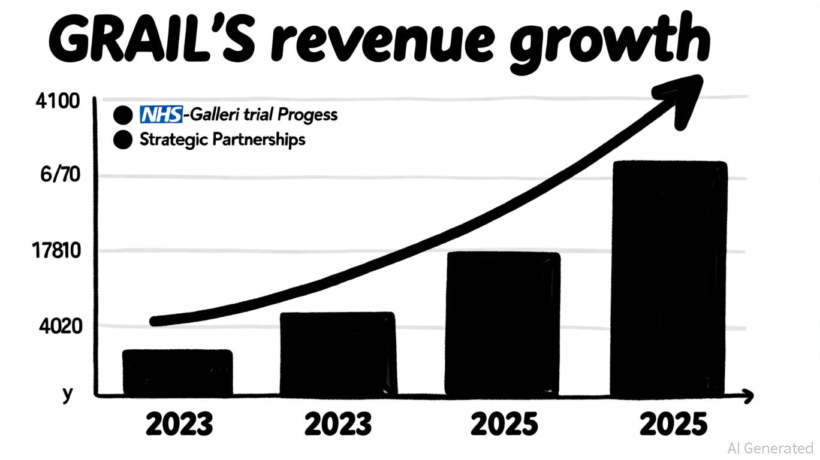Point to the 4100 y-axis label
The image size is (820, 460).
[x=58, y=101]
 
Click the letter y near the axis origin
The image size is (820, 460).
[x=68, y=394]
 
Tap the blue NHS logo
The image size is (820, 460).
[x=161, y=114]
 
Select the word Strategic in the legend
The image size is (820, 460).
[x=174, y=140]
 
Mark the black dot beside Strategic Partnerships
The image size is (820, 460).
[x=122, y=140]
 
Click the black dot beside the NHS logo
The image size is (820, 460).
[x=122, y=114]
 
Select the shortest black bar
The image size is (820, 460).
[x=177, y=373]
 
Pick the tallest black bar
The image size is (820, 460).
[x=668, y=279]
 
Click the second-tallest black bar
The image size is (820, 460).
[x=502, y=323]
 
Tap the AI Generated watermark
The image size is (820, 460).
[x=770, y=448]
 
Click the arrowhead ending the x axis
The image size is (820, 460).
[x=747, y=395]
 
